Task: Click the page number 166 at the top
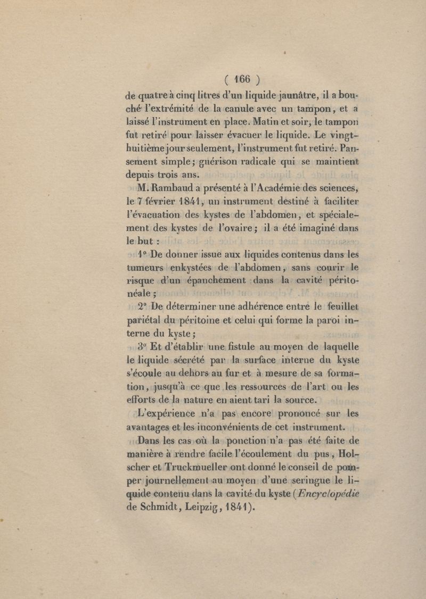tap(241, 80)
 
